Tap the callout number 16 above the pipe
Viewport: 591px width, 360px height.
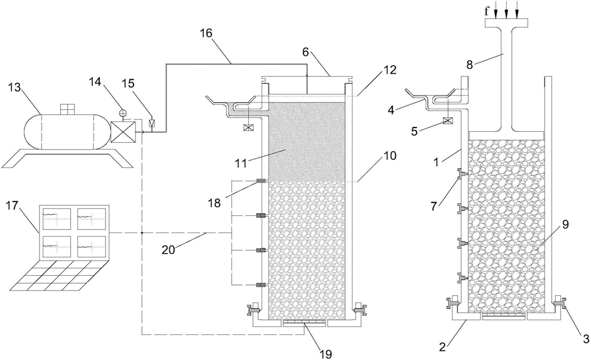206,34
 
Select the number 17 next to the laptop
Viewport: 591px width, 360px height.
13,207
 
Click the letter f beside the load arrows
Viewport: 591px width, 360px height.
487,11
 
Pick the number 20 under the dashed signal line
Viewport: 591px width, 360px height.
169,249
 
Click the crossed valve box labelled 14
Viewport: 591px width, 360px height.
123,132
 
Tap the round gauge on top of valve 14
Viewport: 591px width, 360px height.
123,113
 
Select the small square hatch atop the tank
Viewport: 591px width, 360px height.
68,109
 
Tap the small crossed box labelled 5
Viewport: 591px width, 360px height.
448,121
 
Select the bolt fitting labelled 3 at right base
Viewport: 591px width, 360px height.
559,303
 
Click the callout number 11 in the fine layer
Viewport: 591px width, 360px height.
241,164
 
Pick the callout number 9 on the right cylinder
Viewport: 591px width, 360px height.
565,225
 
